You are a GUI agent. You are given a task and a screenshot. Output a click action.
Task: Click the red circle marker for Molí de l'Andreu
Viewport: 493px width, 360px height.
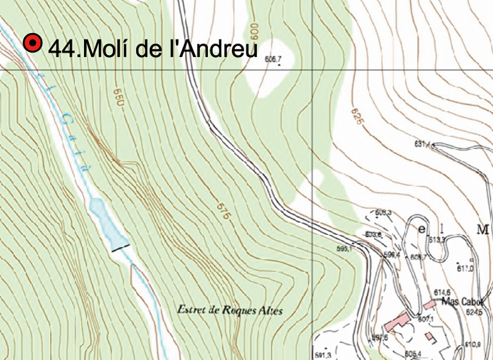[32, 43]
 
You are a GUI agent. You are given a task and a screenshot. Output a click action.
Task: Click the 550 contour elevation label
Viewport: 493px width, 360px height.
[117, 96]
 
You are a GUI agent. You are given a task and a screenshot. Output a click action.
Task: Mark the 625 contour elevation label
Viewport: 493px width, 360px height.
[356, 115]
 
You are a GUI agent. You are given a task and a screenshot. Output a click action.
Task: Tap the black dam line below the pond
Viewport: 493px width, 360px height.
[121, 247]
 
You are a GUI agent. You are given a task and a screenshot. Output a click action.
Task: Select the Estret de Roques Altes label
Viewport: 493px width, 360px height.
[230, 310]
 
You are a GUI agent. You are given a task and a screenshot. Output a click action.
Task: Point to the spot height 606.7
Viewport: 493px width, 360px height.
[272, 59]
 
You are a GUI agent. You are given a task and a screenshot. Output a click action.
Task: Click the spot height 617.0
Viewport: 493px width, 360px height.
[465, 269]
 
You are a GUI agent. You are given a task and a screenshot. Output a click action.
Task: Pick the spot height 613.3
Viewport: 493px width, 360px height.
[437, 239]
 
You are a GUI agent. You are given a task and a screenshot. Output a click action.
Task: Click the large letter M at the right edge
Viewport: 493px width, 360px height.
[482, 229]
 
